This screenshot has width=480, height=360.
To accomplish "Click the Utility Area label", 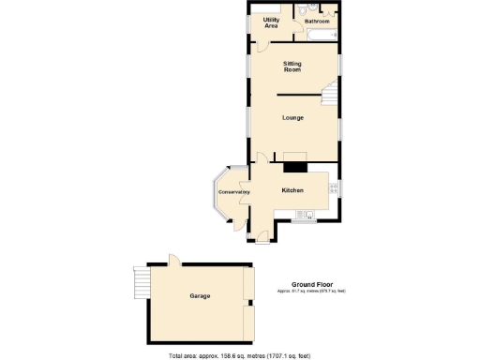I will (271, 22).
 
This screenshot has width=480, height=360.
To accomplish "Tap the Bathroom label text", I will (317, 21).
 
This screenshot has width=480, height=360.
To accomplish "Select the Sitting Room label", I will (292, 67).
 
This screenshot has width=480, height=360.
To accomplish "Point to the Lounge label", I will (292, 118).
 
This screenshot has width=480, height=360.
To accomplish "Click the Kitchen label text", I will (293, 191).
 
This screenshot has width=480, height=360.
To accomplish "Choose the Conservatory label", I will (233, 192).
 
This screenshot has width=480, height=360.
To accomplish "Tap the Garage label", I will (200, 296).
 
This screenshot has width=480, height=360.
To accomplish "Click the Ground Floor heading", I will (310, 284).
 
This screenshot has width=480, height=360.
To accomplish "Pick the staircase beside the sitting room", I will (330, 96).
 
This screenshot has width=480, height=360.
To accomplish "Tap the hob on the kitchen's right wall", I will (334, 189).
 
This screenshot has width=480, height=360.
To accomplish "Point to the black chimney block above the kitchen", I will (296, 167).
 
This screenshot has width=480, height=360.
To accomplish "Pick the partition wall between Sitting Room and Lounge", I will (300, 94).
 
